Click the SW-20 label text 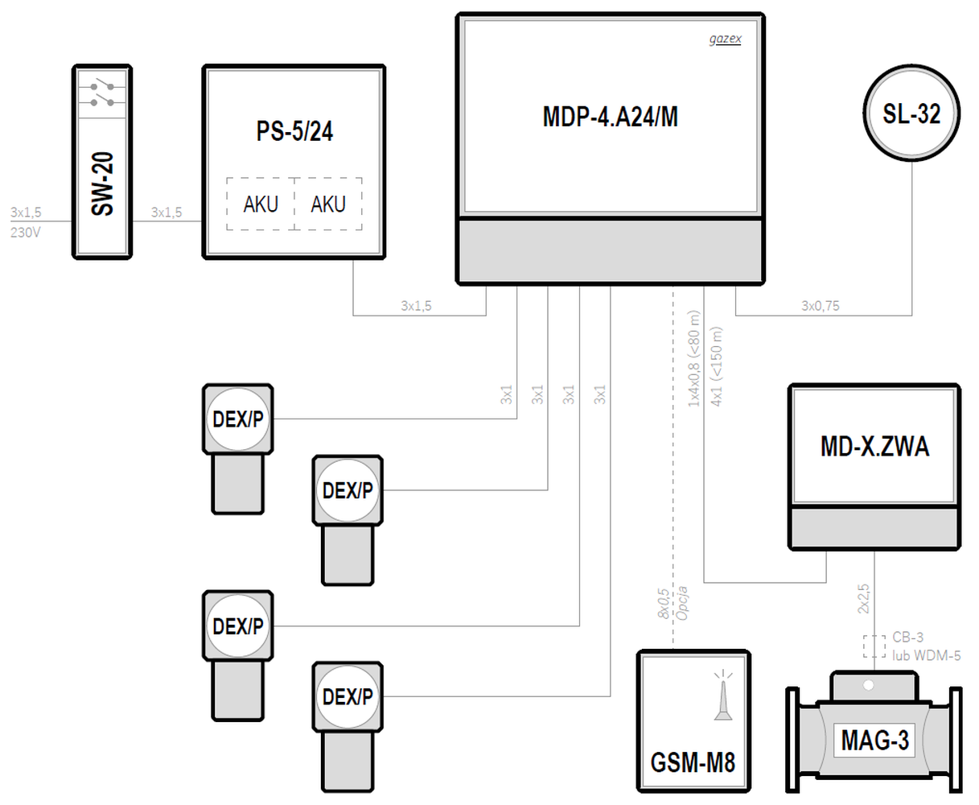click(x=102, y=184)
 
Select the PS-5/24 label click(x=294, y=131)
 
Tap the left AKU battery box click(x=261, y=204)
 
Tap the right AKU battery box click(x=328, y=204)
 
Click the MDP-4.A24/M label click(x=610, y=117)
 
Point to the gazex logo click(x=725, y=39)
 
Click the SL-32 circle click(x=911, y=114)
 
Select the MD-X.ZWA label click(x=874, y=447)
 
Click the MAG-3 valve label click(x=874, y=740)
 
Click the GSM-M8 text click(x=693, y=762)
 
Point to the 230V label click(x=26, y=233)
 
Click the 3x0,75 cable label click(x=821, y=306)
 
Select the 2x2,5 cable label click(x=863, y=599)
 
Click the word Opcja click(x=681, y=603)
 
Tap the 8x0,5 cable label click(x=664, y=604)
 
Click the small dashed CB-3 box click(x=874, y=646)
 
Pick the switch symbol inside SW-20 click(x=102, y=94)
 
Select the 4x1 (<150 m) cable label click(x=717, y=366)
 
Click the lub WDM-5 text click(x=926, y=655)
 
